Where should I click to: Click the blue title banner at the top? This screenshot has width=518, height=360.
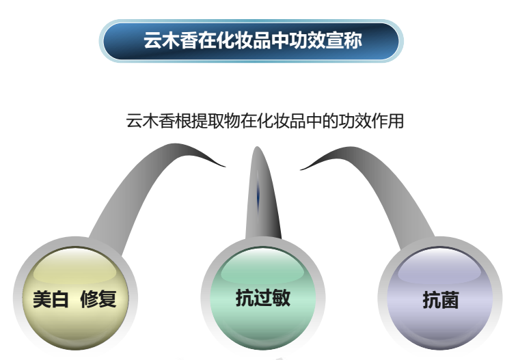coord(251,41)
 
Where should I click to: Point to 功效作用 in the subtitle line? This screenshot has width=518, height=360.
coord(371,121)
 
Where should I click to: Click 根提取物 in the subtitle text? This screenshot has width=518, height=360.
coord(208,121)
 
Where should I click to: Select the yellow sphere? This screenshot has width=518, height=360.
coord(75,298)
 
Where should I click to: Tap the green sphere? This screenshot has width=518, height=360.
coord(263,298)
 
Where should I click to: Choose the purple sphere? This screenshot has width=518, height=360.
coord(440,298)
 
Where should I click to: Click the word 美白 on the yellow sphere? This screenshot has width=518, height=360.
coord(51,299)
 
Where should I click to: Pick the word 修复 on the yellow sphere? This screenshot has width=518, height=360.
coord(98,299)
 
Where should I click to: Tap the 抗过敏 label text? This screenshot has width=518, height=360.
coord(263,298)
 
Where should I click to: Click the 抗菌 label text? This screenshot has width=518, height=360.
coord(441,300)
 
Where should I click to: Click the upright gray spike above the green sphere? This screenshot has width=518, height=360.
coord(262,195)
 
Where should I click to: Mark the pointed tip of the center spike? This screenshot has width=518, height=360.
coord(257,147)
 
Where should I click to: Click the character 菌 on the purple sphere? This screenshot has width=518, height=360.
coord(450,300)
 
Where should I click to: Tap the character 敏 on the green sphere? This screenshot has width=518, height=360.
coord(282,298)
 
